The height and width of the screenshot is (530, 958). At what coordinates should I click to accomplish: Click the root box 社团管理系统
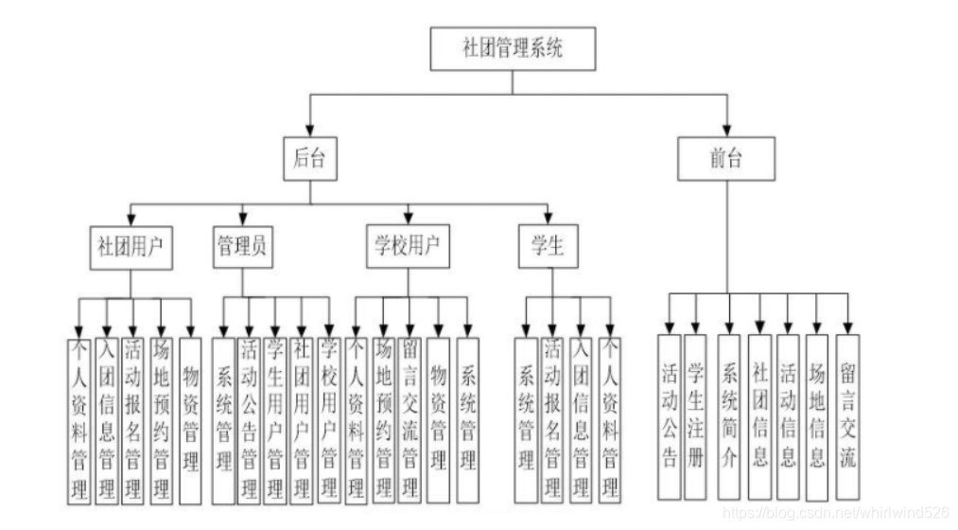(x=514, y=48)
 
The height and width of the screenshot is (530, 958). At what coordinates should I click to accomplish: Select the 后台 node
(x=309, y=159)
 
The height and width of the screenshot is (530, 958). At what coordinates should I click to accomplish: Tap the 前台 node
(x=727, y=159)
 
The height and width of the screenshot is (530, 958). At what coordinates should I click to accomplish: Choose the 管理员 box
(x=242, y=247)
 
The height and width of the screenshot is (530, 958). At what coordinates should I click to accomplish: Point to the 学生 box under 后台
(x=548, y=247)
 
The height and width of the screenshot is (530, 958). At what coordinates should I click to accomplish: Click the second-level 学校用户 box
(x=408, y=247)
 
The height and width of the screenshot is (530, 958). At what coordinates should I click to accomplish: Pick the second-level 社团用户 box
(x=131, y=247)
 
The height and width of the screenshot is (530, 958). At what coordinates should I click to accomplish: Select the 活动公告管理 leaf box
(x=250, y=419)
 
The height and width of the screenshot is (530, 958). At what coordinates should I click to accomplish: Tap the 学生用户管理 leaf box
(x=276, y=419)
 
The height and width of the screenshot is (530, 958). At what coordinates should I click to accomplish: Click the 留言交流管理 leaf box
(x=410, y=419)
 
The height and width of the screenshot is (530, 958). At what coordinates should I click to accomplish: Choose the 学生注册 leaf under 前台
(x=697, y=415)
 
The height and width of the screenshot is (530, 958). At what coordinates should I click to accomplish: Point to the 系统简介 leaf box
(x=729, y=415)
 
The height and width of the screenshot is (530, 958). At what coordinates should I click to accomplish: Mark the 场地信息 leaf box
(x=817, y=415)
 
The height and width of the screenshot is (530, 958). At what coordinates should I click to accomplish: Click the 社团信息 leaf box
(x=759, y=415)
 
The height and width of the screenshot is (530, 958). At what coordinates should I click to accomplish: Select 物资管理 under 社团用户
(x=190, y=419)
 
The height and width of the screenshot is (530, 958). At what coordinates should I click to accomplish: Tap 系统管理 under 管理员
(x=223, y=419)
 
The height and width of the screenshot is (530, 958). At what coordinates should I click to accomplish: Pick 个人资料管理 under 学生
(x=610, y=419)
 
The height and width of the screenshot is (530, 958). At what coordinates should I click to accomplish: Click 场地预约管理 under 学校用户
(x=383, y=419)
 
